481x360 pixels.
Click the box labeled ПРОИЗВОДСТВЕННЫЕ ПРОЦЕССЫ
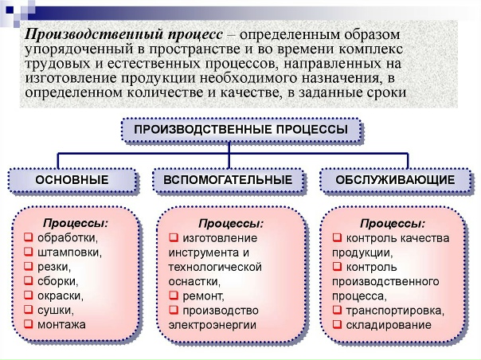pos(240,130)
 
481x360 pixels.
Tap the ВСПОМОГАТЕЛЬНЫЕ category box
pos(228,181)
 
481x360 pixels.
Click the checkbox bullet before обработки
pos(29,237)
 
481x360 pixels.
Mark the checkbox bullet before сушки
pos(29,311)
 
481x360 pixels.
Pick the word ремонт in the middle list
pos(203,295)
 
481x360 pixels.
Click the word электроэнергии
pos(210,325)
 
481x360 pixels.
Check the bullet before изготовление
pos(174,237)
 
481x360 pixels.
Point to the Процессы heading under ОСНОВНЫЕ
pos(75,222)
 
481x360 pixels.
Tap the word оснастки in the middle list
pos(194,281)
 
